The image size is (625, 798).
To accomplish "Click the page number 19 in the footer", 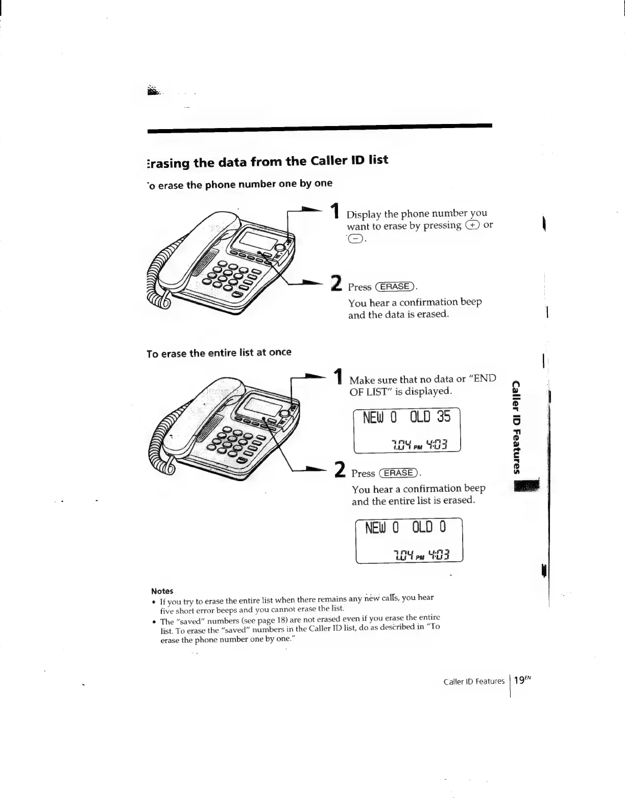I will [519, 681].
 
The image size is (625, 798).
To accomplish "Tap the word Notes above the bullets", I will [162, 591].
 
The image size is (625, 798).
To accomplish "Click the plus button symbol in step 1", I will [472, 225].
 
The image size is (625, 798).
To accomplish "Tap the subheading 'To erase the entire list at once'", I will [219, 353].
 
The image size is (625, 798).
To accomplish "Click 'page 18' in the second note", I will [261, 621].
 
